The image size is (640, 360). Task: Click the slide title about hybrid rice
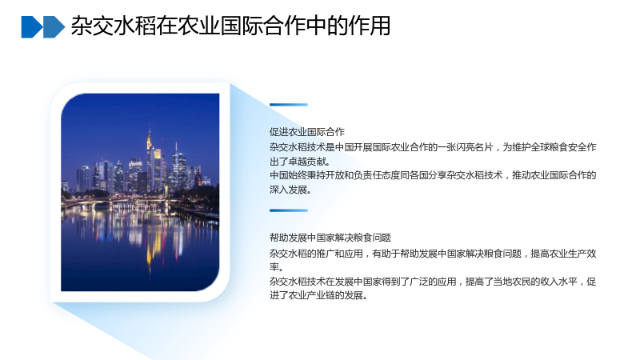230,26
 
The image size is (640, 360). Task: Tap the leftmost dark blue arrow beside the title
32,27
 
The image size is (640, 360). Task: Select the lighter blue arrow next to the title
54,27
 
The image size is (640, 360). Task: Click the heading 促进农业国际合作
307,132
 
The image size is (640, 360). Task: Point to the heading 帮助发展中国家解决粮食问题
330,238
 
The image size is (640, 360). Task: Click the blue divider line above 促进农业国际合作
289,105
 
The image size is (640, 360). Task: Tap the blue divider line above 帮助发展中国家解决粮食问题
289,210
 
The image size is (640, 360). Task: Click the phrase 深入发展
288,190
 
